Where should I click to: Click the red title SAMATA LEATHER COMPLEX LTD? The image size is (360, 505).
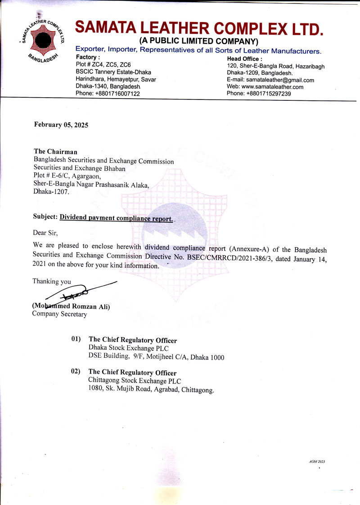tap(199, 28)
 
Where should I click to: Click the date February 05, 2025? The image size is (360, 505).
tap(61, 125)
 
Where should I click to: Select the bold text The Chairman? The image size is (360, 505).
tap(56, 152)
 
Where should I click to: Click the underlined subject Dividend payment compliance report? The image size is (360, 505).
tap(116, 218)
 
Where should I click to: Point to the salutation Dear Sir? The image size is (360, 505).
tap(45, 233)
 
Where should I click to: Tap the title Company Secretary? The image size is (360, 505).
tap(59, 314)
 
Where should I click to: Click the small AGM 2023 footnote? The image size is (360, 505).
tap(317, 462)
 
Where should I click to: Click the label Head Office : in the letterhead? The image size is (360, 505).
tap(244, 59)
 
